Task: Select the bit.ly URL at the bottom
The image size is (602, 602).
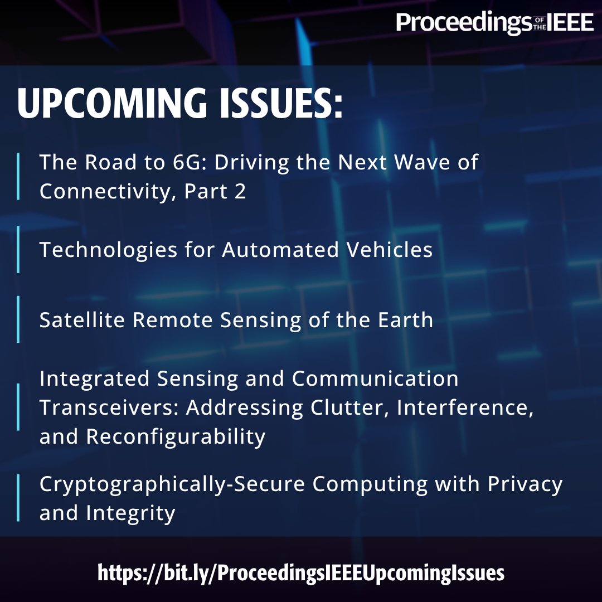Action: [x=301, y=572]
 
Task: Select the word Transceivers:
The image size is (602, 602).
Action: [x=109, y=407]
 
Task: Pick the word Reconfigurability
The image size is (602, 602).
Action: [x=176, y=436]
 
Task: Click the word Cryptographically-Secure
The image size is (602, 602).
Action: [x=172, y=484]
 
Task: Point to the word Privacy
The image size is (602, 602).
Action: [x=525, y=484]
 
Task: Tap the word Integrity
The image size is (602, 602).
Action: [x=130, y=513]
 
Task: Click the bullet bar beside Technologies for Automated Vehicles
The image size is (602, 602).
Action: [x=18, y=250]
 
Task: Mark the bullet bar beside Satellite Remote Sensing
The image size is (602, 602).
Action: [x=18, y=319]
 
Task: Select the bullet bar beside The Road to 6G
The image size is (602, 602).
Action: [x=18, y=177]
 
